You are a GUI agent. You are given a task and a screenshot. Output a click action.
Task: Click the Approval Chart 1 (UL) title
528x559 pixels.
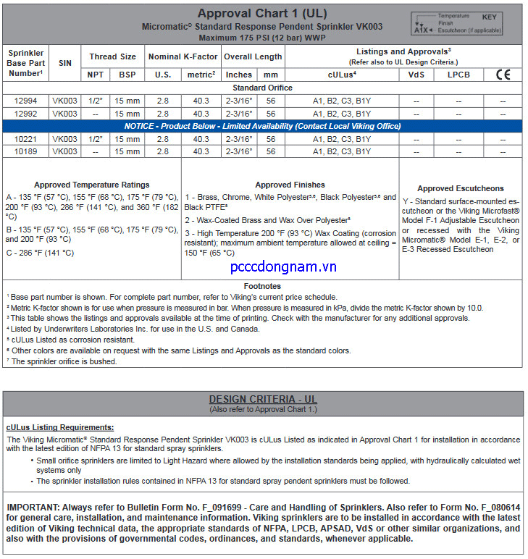click(262, 13)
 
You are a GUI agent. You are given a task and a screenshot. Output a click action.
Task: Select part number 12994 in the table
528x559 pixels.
click(25, 101)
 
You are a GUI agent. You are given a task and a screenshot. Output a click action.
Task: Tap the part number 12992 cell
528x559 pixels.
click(25, 114)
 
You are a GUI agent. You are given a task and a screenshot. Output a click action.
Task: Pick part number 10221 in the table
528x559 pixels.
click(25, 138)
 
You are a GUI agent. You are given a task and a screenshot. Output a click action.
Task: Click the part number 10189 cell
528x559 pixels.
click(25, 151)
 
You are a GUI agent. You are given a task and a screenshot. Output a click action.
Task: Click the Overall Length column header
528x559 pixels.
click(253, 56)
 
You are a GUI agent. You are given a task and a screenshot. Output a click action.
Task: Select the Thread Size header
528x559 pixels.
click(112, 56)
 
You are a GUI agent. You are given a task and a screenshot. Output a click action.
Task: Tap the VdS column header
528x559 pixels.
click(416, 75)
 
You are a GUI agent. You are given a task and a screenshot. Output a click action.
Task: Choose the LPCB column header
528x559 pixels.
click(458, 75)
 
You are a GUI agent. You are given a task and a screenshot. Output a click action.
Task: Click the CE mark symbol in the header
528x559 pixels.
click(503, 75)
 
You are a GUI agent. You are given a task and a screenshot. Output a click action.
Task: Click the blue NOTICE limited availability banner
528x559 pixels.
click(262, 126)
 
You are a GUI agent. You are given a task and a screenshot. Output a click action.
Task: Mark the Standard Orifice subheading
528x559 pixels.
click(262, 88)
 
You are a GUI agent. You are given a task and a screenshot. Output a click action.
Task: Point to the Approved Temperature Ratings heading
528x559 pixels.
click(92, 185)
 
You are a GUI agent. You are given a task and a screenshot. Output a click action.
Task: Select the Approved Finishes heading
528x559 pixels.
click(290, 185)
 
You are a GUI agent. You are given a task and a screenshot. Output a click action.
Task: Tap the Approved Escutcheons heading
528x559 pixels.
click(461, 189)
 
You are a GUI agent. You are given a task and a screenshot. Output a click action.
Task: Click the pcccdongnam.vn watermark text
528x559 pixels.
click(283, 267)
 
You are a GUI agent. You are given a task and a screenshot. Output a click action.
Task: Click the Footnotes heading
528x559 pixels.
click(262, 287)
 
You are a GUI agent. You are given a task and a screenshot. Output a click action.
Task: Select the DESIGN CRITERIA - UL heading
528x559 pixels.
click(263, 399)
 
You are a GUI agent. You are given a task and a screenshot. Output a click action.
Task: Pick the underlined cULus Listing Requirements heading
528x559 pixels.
click(59, 428)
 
